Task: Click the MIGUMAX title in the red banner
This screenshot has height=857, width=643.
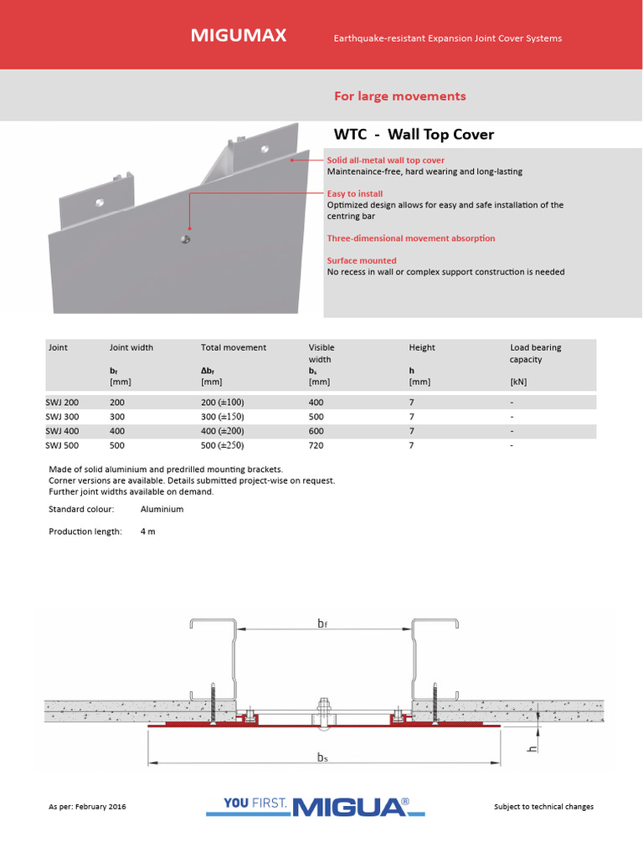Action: click(x=239, y=35)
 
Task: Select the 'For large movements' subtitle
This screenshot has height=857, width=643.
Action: click(x=399, y=96)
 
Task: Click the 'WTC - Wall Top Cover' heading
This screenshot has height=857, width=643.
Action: click(x=414, y=135)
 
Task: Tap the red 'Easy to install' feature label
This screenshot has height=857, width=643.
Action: click(x=355, y=193)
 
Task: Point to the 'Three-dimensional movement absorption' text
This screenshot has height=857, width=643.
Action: click(x=411, y=239)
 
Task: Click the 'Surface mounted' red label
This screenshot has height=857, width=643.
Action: click(x=362, y=261)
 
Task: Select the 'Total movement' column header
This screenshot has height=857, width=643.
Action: click(x=234, y=347)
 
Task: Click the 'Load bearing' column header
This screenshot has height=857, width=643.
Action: click(x=536, y=347)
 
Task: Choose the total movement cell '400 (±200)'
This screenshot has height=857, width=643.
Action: click(x=223, y=431)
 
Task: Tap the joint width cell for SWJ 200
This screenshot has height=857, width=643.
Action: click(x=117, y=403)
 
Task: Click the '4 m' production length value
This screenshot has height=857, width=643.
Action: click(x=147, y=531)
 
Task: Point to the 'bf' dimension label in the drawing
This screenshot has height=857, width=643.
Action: click(x=322, y=624)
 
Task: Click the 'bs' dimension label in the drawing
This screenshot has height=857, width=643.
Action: click(x=322, y=757)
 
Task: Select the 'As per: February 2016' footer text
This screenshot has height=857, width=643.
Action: click(x=88, y=807)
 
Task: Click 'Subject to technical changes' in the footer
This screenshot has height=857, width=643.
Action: click(x=544, y=807)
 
